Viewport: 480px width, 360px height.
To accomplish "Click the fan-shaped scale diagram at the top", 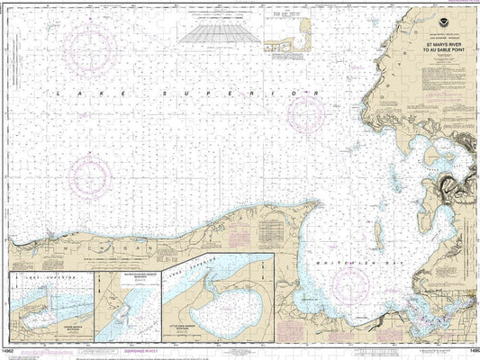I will click(x=214, y=32).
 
